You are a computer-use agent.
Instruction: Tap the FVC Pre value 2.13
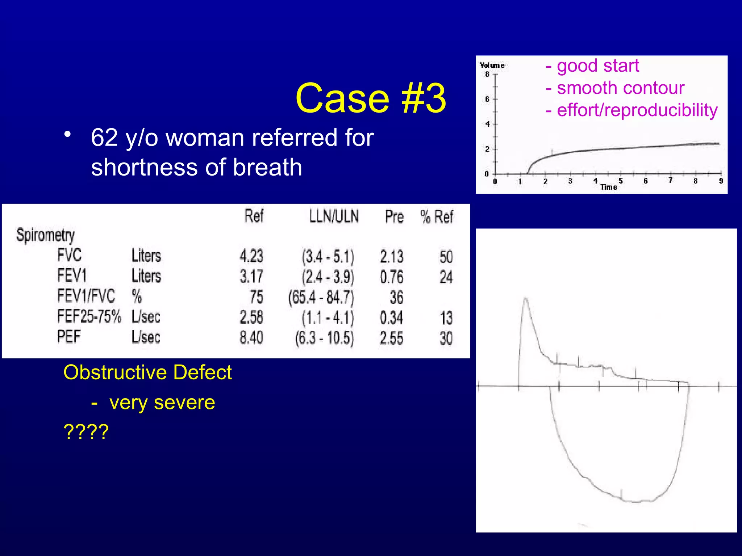tap(391, 257)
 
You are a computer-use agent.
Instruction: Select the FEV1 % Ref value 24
tap(446, 277)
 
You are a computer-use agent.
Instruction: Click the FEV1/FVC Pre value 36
tap(396, 298)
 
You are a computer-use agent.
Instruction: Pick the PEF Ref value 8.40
tap(251, 338)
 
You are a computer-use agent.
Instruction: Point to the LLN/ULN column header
tap(334, 216)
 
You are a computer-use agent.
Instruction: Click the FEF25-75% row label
tap(89, 316)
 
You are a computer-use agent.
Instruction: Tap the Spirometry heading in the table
tap(45, 235)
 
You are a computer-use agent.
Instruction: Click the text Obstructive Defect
tap(147, 372)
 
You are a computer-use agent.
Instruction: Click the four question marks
tap(86, 431)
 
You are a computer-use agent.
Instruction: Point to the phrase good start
tap(597, 66)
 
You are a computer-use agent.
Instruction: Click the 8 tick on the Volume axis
tap(487, 75)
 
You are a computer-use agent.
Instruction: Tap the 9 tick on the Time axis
tap(721, 181)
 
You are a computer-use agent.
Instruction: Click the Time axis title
tap(609, 187)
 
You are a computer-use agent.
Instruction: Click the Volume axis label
tap(492, 66)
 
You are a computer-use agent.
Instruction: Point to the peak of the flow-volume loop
tap(526, 299)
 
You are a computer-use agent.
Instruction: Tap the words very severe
tap(162, 403)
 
